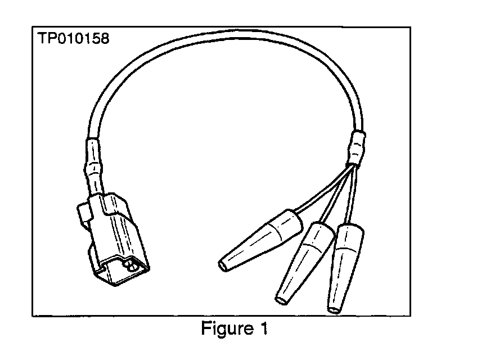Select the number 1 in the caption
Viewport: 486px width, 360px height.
pyautogui.click(x=263, y=328)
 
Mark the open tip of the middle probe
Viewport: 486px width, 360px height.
pyautogui.click(x=280, y=299)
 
